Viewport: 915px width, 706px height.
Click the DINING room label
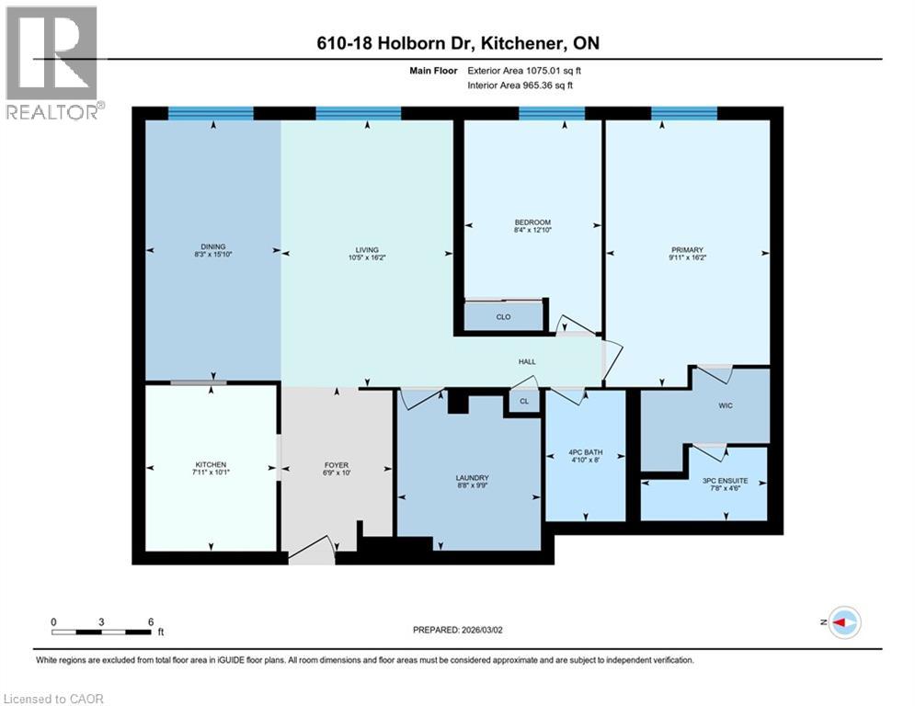coord(212,246)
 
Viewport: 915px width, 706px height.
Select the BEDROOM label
coord(532,222)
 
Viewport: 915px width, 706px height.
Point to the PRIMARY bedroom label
coord(687,249)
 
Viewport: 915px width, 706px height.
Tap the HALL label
coord(527,361)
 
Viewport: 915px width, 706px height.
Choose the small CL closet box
coord(524,402)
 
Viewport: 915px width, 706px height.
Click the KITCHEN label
coord(211,464)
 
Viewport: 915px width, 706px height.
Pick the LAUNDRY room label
coord(473,478)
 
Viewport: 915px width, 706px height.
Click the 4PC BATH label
coord(585,453)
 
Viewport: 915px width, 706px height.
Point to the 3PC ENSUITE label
coord(725,480)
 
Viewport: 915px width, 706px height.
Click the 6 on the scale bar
coord(150,621)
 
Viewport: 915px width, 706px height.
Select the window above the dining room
coord(210,113)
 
